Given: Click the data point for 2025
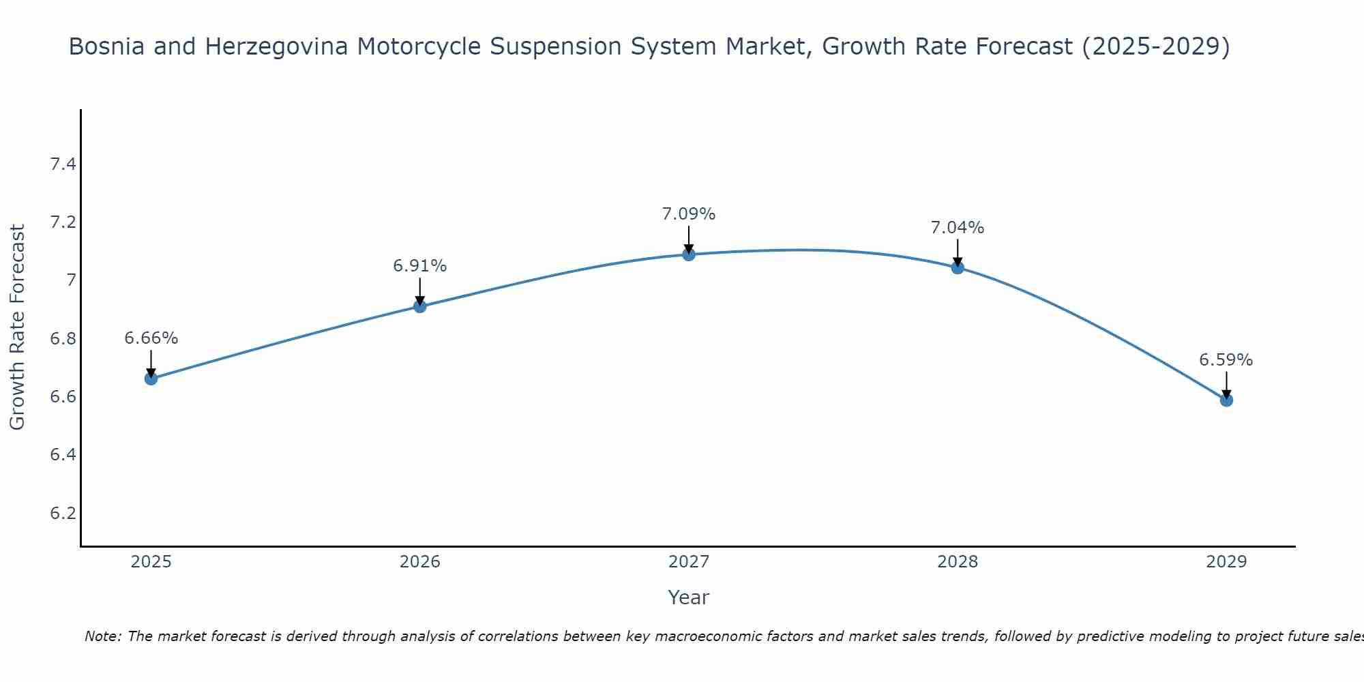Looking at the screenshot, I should pos(151,379).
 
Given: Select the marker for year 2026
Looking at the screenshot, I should pos(419,306).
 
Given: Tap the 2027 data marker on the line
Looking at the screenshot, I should pos(689,254).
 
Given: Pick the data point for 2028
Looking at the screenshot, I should pos(958,267).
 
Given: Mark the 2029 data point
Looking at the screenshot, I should pos(1226,400).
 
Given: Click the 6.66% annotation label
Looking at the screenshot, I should pos(151,338).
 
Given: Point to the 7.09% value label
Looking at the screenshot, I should pos(689,214).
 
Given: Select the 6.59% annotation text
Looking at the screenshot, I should pos(1226,360).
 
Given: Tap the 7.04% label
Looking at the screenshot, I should pos(958,228).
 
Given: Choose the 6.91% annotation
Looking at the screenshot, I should pos(419,266).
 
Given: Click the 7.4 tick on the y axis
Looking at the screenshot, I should pos(63,164).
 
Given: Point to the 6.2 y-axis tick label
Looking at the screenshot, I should pos(63,513).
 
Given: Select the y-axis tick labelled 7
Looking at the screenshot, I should pos(71,280).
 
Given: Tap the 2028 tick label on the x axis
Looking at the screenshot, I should pos(958,562).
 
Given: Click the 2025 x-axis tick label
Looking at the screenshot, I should pos(151,562).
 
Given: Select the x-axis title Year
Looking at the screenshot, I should pos(689,597).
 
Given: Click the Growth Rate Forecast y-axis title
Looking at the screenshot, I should pos(17,327).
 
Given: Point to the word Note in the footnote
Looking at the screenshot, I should pos(102,636).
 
